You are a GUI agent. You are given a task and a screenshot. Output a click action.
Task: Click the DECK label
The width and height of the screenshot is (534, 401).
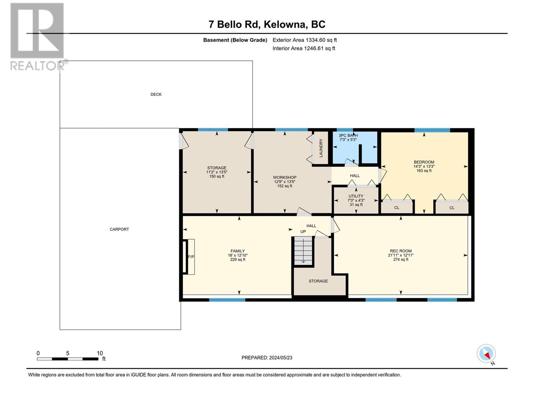tap(156, 95)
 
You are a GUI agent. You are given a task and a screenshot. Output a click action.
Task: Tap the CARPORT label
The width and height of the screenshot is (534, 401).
tap(119, 229)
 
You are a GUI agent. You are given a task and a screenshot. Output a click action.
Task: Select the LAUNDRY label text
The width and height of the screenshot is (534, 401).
tap(321, 148)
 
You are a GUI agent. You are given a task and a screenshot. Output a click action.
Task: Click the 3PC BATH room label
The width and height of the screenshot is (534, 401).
tap(348, 135)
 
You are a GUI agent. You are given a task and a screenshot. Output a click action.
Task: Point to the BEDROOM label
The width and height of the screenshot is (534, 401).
tap(424, 162)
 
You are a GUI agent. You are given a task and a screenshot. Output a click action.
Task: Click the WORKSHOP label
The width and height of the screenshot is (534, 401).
tap(285, 177)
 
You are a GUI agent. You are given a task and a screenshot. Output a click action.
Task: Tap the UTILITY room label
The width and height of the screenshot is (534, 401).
tap(356, 196)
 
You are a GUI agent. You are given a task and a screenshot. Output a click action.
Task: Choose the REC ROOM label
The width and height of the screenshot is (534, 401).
tap(401, 251)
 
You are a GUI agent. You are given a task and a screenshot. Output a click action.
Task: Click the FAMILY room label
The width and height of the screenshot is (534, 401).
tap(238, 251)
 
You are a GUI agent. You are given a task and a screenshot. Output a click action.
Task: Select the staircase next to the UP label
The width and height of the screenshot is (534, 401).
tap(303, 251)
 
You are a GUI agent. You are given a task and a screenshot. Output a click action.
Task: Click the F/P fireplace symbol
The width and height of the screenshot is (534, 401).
tap(189, 257)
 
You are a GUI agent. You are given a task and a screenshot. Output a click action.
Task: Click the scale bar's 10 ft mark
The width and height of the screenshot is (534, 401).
tap(100, 353)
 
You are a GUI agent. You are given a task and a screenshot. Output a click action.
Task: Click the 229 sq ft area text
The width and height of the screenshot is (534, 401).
tap(238, 260)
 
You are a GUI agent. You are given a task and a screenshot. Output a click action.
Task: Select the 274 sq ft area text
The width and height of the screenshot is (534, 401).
tap(401, 260)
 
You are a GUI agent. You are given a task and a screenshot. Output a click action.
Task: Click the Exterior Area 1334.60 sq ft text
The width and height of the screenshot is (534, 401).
tap(305, 40)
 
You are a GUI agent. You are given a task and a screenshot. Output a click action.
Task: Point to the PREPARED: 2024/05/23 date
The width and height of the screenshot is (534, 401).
tap(267, 358)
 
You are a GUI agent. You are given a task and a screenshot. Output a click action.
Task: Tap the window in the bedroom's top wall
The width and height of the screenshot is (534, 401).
tap(432, 130)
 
